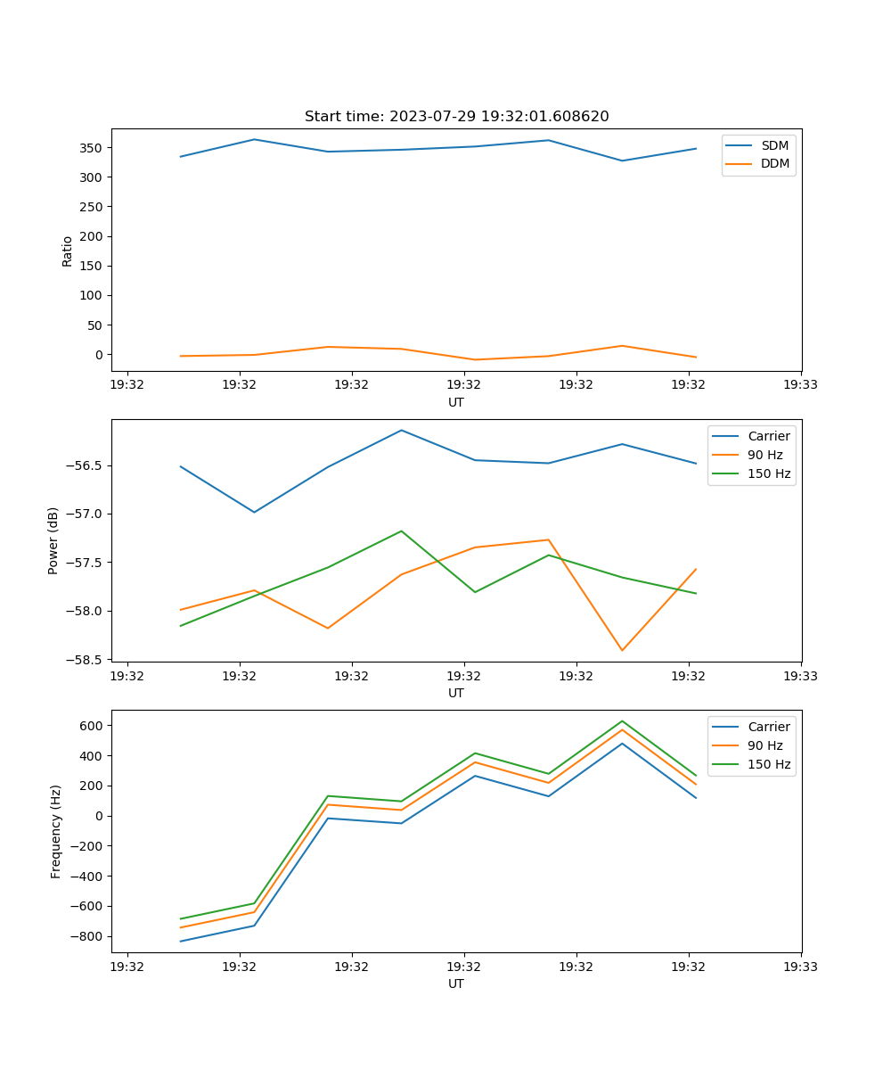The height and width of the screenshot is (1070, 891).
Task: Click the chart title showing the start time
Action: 456,117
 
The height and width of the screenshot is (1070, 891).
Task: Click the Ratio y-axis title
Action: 68,251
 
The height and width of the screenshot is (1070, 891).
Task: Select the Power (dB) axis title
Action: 53,540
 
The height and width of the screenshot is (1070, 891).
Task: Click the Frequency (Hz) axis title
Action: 56,831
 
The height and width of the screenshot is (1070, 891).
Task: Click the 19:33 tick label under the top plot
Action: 801,385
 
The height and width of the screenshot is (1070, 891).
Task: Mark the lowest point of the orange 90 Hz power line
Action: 622,650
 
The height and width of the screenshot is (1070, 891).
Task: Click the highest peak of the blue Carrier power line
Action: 402,430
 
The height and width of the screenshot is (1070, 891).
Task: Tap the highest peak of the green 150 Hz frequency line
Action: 622,720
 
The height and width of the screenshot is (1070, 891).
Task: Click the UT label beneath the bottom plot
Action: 456,984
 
